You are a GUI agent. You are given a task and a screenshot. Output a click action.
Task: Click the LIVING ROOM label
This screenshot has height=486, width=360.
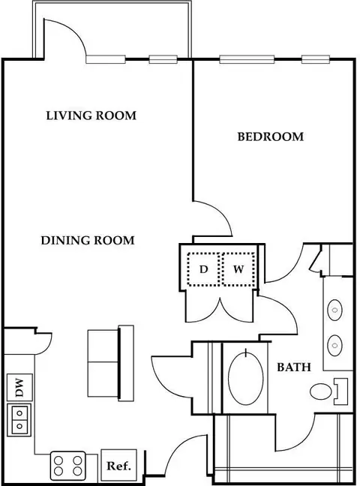[91, 115]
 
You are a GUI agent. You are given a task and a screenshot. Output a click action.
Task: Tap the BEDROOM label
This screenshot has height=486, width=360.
[271, 136]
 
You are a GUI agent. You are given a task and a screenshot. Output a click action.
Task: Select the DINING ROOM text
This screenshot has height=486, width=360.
[88, 241]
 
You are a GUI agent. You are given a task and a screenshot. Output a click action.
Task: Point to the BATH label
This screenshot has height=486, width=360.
[294, 367]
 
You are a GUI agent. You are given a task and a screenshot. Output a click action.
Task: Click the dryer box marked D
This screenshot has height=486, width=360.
[204, 269]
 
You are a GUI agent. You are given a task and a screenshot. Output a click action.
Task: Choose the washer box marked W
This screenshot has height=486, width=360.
[238, 269]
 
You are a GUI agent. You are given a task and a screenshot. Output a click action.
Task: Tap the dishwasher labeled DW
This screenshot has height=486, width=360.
[19, 387]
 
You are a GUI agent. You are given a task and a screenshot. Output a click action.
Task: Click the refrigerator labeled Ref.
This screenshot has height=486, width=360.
[118, 465]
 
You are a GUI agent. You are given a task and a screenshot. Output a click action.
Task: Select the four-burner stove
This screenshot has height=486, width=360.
[68, 466]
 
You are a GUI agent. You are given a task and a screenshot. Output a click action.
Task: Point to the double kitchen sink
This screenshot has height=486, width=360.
[19, 419]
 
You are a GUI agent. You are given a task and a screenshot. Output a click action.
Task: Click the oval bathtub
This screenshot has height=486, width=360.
[245, 378]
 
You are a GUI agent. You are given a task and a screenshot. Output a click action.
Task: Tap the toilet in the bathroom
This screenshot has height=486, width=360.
[328, 391]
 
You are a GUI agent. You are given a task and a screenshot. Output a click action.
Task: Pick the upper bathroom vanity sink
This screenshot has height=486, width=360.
[334, 310]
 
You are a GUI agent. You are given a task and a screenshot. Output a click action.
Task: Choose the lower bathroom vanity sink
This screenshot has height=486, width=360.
[334, 345]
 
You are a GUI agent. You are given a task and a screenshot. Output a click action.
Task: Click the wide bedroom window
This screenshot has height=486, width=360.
[247, 59]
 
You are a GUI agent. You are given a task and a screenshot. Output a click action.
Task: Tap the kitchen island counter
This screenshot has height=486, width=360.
[111, 364]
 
